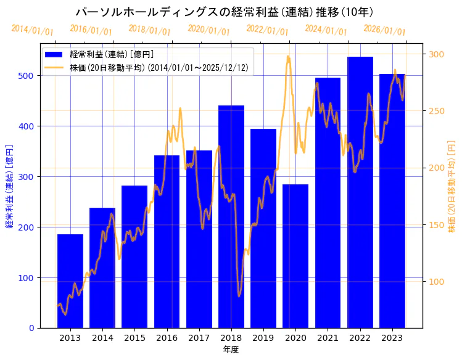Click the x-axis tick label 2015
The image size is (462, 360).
(134, 337)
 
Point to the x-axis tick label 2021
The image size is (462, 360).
(328, 337)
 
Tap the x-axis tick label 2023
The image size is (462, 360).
(392, 337)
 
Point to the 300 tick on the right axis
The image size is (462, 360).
(436, 54)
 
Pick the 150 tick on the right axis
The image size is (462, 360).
(436, 225)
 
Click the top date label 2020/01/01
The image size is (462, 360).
(208, 30)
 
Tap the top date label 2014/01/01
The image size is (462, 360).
(32, 30)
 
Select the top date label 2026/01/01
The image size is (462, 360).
(384, 30)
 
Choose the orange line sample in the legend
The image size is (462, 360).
(55, 67)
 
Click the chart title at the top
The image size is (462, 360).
(224, 12)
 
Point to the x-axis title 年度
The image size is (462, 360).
(231, 350)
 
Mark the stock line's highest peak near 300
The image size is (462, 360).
(288, 57)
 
